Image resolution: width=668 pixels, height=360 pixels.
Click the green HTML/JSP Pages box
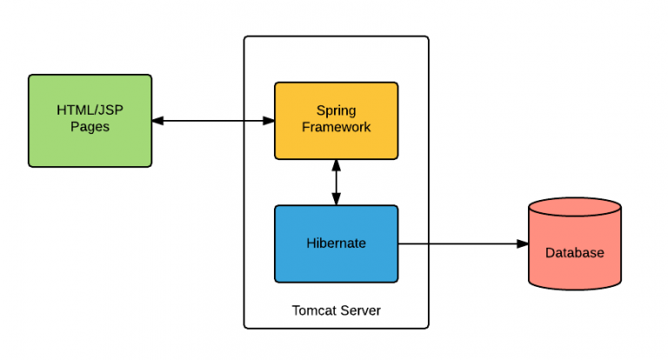click(x=90, y=120)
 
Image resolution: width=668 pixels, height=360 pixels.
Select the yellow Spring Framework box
click(x=336, y=120)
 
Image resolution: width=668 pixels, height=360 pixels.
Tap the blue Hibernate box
click(x=336, y=243)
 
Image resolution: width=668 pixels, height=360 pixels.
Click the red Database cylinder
click(x=574, y=248)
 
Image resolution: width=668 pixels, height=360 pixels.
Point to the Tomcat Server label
click(x=336, y=310)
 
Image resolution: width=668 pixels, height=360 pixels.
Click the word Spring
click(x=336, y=111)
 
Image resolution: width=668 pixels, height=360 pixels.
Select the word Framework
click(x=336, y=128)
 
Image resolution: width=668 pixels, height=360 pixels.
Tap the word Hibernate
click(x=336, y=243)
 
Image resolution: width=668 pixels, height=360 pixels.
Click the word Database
click(x=574, y=253)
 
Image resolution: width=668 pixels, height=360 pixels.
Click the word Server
click(x=361, y=310)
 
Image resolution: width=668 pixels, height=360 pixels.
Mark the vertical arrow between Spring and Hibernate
click(x=336, y=183)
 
